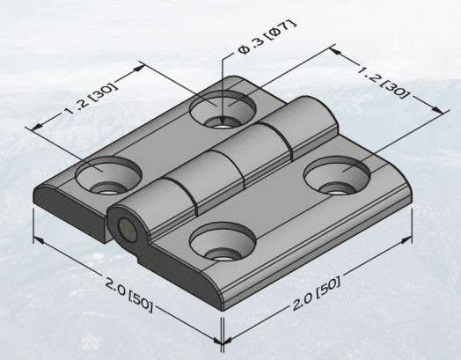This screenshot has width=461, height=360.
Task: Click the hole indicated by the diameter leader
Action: coord(225,112)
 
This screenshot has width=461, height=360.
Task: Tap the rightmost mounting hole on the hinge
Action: coord(338,176)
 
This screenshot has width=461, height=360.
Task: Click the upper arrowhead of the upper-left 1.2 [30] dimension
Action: coord(141,64)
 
